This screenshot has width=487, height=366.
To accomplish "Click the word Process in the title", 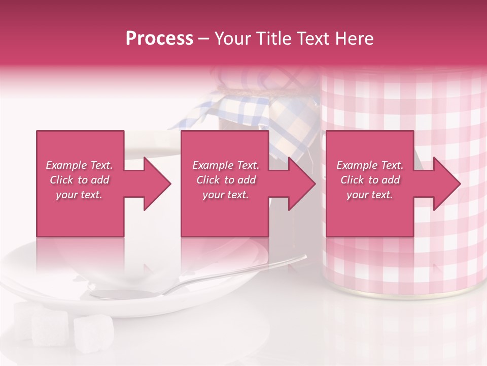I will (x=159, y=39).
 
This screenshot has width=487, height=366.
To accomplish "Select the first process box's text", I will (x=80, y=180).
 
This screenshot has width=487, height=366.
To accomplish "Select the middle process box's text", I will (x=226, y=180).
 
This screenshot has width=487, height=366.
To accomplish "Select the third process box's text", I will (x=370, y=180).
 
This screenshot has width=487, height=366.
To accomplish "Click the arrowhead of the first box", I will (x=157, y=184).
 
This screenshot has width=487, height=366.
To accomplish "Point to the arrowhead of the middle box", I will (x=302, y=184).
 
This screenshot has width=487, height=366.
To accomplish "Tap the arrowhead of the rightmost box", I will (x=447, y=184).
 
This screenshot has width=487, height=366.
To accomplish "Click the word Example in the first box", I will (x=65, y=165).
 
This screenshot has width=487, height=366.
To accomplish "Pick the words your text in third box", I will (x=370, y=195).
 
